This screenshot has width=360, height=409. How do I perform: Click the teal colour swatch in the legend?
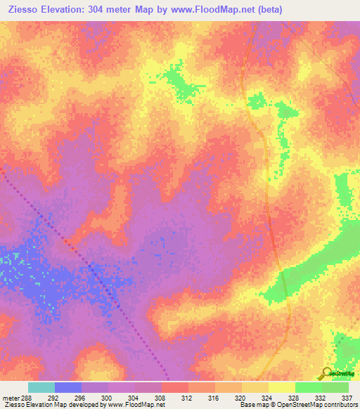[x=41, y=387]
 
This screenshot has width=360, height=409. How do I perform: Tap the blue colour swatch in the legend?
[x=68, y=387]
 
